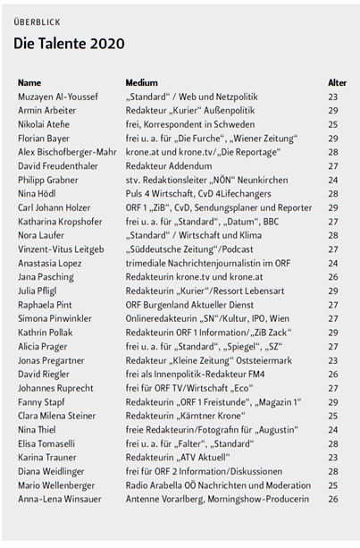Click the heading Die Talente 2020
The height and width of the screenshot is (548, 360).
(69, 43)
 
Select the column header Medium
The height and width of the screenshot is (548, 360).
(141, 82)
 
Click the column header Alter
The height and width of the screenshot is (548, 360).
(337, 82)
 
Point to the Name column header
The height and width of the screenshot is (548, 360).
(29, 82)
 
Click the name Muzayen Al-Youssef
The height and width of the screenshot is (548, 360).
(60, 97)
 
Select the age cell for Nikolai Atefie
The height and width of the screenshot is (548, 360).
(332, 124)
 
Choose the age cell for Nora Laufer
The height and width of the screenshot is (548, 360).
(332, 235)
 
